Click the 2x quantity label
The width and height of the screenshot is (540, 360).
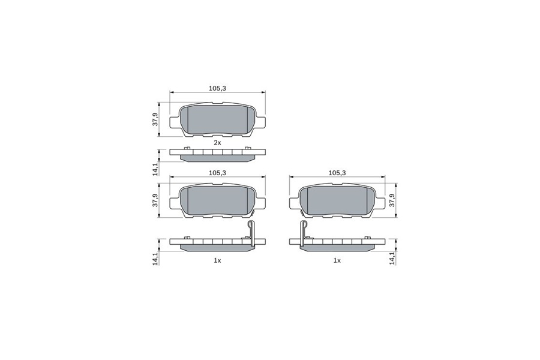[x=217, y=142]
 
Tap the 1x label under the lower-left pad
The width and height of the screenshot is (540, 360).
[x=217, y=261]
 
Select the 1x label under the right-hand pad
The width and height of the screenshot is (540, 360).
[x=337, y=261]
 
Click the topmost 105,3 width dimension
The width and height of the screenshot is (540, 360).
[x=217, y=88]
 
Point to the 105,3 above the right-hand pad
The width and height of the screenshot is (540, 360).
[x=337, y=173]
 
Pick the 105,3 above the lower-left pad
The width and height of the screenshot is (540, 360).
[x=217, y=173]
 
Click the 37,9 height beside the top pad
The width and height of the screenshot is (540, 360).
[x=155, y=119]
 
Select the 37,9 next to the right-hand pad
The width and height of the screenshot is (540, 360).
[x=392, y=200]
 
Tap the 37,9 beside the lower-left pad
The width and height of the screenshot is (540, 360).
[x=155, y=200]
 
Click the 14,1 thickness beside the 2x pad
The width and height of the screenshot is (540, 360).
[x=155, y=169]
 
